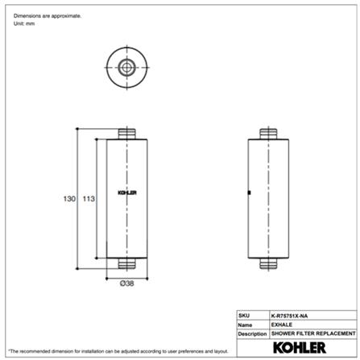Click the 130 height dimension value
70,199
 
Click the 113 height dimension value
89,199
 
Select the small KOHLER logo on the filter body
127,192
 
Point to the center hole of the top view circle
127,66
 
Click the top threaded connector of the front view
127,132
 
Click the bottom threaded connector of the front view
127,263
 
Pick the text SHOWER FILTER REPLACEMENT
313,333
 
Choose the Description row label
251,333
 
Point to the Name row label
245,324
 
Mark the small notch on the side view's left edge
251,192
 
